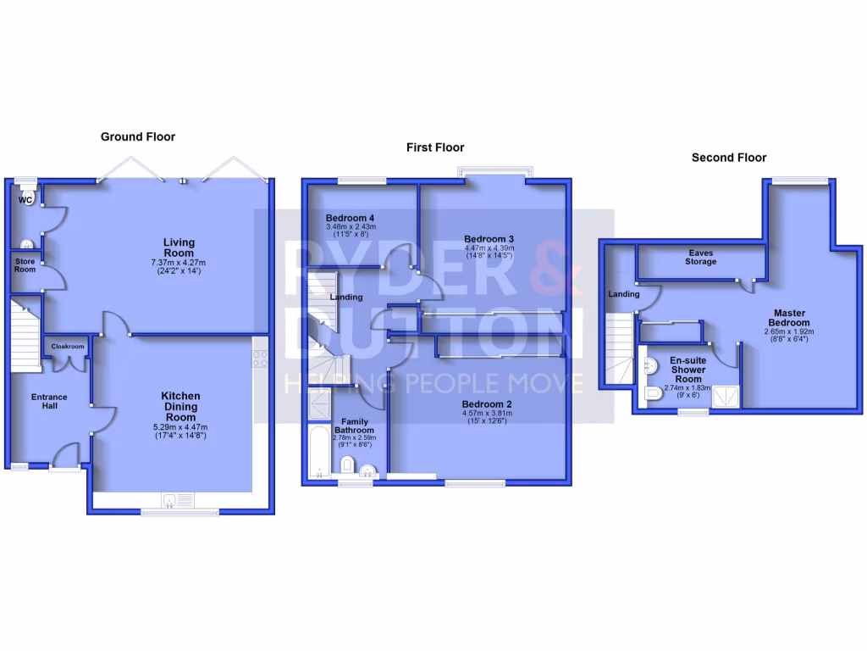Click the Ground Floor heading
tap(137, 136)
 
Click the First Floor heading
tap(437, 147)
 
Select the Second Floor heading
tap(728, 158)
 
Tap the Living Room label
tap(179, 248)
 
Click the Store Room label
tap(25, 265)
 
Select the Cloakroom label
tap(68, 347)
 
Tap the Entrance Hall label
tap(49, 403)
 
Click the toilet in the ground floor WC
tap(25, 200)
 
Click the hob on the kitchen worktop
tap(261, 359)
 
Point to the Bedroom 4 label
tap(351, 218)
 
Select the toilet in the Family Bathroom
tap(346, 465)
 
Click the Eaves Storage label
tap(701, 257)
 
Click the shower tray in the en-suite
tap(724, 396)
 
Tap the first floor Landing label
tap(346, 298)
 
